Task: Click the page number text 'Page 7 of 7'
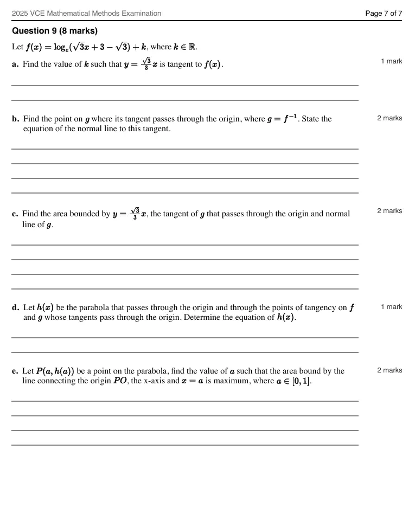coord(384,13)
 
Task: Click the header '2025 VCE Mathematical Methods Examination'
coord(87,13)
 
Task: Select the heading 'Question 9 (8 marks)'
coord(55,31)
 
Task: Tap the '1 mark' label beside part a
coord(391,61)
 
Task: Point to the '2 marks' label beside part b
coord(390,118)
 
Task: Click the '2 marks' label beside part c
coord(390,211)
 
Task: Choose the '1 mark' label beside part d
coord(391,307)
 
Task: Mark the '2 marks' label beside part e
coord(390,370)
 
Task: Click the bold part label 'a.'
coord(15,65)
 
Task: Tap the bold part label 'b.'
coord(16,119)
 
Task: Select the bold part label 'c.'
coord(15,214)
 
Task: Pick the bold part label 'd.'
coord(16,308)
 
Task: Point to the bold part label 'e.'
coord(15,371)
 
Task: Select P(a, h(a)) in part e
coord(55,371)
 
